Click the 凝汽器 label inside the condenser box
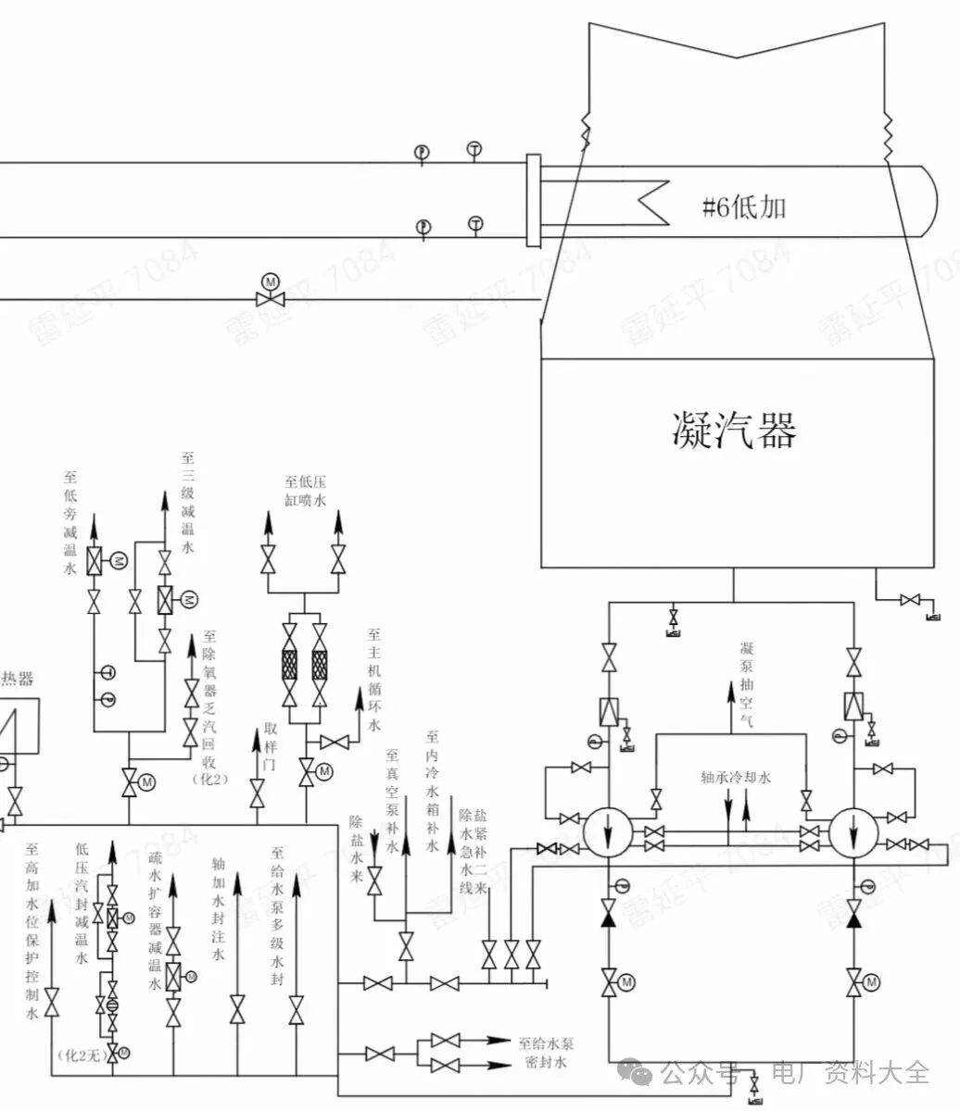click(733, 429)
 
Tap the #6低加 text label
click(743, 206)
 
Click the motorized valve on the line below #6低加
click(270, 297)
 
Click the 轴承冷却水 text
click(736, 777)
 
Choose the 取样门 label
click(271, 746)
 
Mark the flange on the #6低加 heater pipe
click(533, 201)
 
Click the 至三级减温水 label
click(187, 501)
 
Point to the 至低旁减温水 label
click(69, 522)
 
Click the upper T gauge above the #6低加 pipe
click(474, 150)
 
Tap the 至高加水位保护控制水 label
click(32, 930)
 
